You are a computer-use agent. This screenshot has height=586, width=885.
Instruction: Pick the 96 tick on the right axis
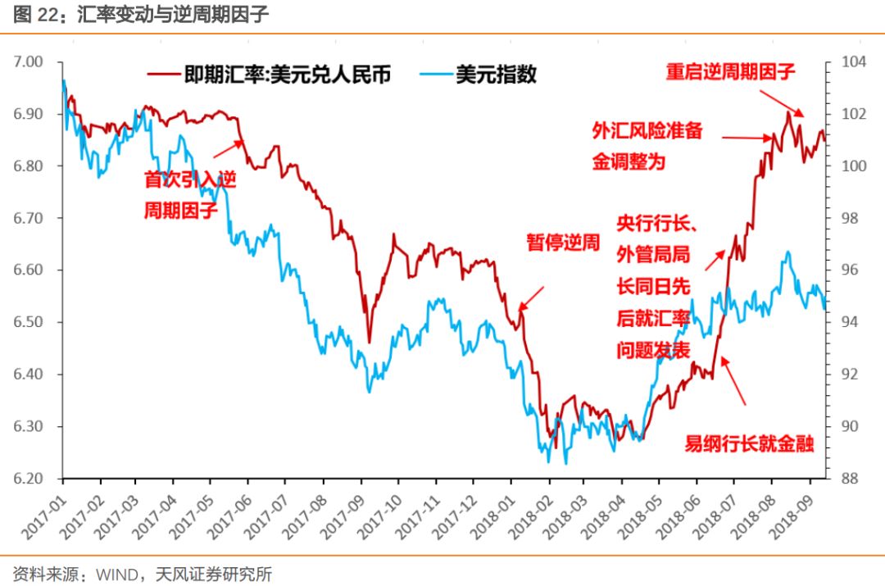pyautogui.click(x=849, y=270)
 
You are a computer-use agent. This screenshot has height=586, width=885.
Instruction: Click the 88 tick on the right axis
pyautogui.click(x=849, y=479)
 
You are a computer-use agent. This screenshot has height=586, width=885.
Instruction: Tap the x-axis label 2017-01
pyautogui.click(x=40, y=512)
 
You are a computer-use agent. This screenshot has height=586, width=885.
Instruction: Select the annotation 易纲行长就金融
pyautogui.click(x=749, y=445)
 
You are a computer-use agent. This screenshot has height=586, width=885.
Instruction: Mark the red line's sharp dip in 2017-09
pyautogui.click(x=369, y=341)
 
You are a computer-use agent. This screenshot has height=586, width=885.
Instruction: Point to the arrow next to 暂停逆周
pyautogui.click(x=531, y=298)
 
